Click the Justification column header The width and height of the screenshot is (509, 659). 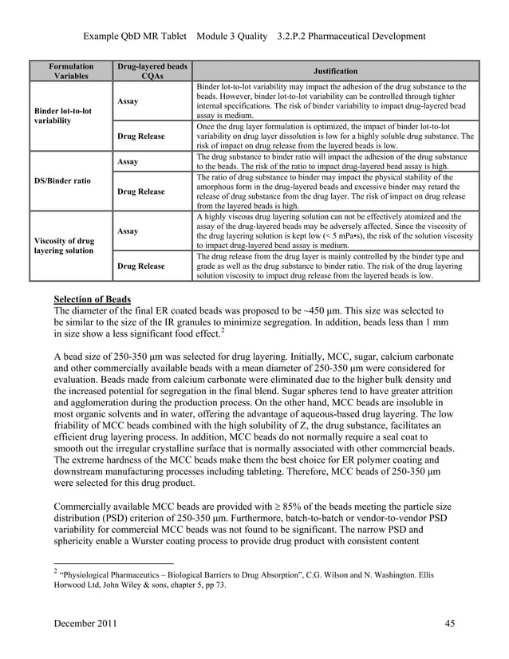tap(335, 70)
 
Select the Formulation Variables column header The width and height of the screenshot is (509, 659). tap(71, 70)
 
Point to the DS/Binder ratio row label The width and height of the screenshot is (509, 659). tap(61, 180)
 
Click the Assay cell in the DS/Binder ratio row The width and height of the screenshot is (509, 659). tap(128, 161)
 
